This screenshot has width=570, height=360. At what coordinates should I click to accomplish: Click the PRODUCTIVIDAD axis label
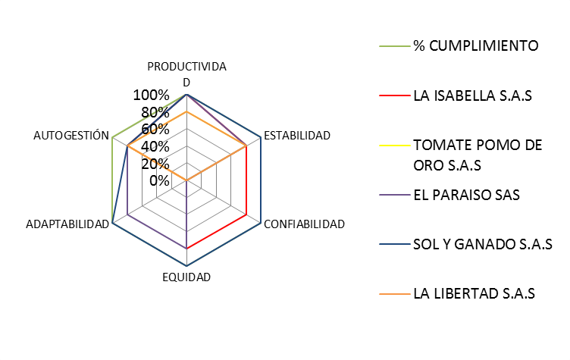point(186,74)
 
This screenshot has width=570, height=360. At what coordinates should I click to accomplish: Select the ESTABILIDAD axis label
point(296,136)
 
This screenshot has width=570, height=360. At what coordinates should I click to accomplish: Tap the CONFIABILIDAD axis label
point(303,224)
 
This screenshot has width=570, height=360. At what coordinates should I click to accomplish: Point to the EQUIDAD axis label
point(186,277)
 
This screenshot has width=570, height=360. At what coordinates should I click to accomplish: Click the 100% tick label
point(151,95)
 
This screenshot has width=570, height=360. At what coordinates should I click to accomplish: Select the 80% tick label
point(155,113)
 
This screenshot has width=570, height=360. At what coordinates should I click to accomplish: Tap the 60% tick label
point(155,130)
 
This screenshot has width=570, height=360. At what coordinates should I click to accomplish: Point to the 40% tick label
point(155,146)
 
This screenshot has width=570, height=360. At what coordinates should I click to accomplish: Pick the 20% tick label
point(155,164)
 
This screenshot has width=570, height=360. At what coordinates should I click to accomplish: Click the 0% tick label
point(158,180)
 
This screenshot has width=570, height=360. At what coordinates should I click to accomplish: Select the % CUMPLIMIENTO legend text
point(475,45)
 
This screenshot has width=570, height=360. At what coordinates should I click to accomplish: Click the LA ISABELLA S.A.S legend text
point(472,96)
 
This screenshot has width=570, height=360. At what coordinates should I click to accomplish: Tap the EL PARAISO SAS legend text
point(466,195)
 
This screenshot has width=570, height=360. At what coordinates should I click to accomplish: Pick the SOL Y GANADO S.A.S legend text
point(481,244)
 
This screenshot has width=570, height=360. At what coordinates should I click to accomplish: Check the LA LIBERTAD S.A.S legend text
point(474,293)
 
